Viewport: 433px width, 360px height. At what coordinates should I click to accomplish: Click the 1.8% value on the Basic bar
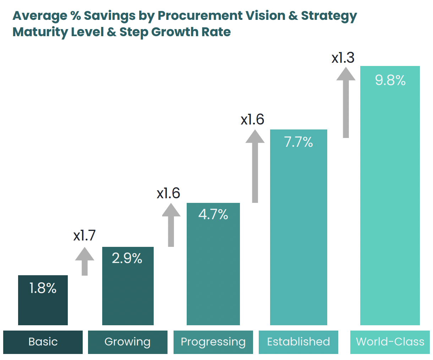[x=43, y=288]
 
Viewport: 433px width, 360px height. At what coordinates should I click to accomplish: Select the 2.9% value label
[x=127, y=258]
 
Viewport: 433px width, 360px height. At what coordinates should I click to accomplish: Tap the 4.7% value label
[x=213, y=214]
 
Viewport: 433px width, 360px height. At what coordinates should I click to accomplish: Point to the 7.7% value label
[x=298, y=142]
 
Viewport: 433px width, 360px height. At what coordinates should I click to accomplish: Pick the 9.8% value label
[x=390, y=80]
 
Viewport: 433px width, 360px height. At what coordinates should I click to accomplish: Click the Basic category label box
[x=43, y=342]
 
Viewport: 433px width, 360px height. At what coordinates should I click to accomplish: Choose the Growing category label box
[x=127, y=342]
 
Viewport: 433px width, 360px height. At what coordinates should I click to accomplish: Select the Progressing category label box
[x=213, y=342]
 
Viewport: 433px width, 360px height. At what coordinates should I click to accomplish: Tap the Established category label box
[x=298, y=342]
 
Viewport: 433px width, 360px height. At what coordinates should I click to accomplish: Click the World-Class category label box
[x=390, y=342]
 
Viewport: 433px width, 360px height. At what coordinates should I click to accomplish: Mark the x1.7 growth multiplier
[x=84, y=236]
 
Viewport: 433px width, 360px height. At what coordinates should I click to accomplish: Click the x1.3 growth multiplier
[x=343, y=58]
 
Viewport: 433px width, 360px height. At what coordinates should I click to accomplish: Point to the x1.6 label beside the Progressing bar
[x=169, y=193]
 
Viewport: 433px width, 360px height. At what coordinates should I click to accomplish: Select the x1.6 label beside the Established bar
[x=252, y=120]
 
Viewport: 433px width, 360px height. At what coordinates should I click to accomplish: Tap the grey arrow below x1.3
[x=346, y=103]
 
